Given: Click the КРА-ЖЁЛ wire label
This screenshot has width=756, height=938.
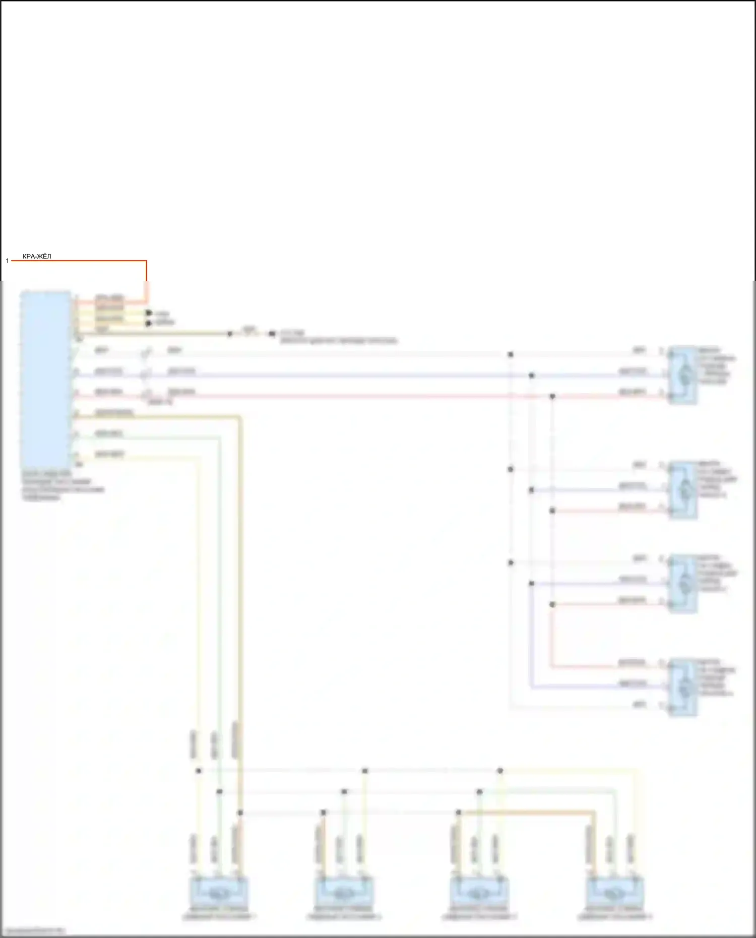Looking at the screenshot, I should point(37,257).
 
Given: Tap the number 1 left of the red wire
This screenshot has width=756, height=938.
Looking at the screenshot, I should point(8,261).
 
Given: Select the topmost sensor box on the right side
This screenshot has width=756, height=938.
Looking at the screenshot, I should point(683,375).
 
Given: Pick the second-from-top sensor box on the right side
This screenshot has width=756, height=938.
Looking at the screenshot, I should point(683,489).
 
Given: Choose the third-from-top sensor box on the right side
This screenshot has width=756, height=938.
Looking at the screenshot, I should point(683,583).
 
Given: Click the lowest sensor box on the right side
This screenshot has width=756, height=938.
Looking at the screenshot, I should point(683,686).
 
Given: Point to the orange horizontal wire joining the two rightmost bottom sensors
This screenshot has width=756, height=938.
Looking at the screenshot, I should point(527,812).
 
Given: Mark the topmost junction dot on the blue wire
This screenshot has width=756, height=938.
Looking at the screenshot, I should point(531,376).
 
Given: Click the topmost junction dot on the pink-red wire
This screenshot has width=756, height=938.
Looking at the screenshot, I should point(552,397).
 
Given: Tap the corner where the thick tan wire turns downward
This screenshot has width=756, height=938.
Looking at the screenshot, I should point(240,417).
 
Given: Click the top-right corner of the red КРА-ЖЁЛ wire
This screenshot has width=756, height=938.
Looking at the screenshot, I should point(146,261).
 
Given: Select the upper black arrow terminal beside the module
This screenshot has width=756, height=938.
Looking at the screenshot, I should point(149,313).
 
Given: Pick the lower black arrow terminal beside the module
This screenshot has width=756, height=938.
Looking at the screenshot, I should point(149,323).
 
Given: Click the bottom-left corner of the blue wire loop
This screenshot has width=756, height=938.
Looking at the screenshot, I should point(531,686).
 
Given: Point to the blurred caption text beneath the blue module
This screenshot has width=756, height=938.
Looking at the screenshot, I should point(62,485).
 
